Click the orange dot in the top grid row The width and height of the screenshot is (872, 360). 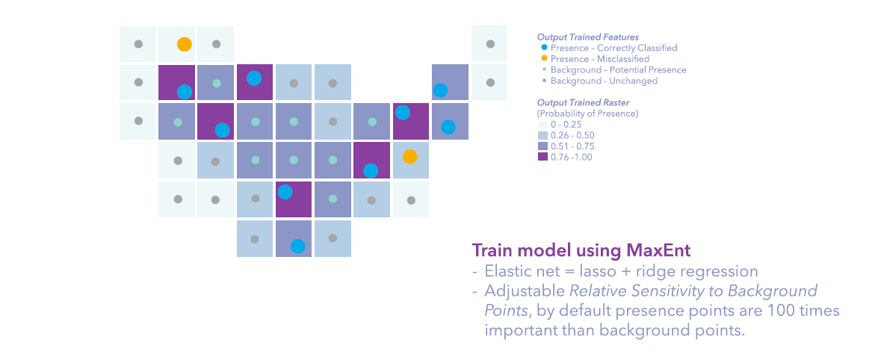point(184,44)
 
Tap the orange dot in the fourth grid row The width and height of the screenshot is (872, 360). point(409,157)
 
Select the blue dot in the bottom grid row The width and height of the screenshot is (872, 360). point(297,246)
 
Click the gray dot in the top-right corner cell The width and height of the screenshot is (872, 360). point(489,44)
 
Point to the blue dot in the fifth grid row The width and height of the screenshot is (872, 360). point(285,192)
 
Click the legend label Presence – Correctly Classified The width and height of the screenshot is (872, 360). point(613,48)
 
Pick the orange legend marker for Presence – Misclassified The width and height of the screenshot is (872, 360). point(544,59)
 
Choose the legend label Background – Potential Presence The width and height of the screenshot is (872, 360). point(618,69)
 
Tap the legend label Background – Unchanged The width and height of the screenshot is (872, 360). point(604,81)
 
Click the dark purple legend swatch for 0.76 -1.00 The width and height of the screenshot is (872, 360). point(542,157)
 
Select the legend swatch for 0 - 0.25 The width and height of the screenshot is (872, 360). point(542,125)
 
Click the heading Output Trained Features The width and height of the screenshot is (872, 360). point(587,37)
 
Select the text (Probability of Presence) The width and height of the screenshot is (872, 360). point(587,114)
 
